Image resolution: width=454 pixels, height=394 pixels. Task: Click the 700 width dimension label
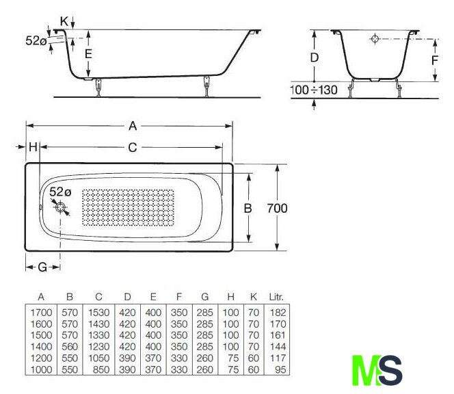pos(277,209)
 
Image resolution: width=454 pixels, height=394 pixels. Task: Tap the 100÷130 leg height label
pos(314,90)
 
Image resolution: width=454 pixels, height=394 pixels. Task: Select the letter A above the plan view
pos(133,126)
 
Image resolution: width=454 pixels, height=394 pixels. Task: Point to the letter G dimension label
pos(42,267)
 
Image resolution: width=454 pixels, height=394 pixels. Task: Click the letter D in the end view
pos(314,57)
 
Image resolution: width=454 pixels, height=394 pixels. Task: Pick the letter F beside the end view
pos(434,60)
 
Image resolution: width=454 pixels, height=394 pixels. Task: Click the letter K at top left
pos(64,21)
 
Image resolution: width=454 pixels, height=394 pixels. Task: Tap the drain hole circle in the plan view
pos(61,207)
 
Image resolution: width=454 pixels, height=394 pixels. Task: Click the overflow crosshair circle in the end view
pos(375,38)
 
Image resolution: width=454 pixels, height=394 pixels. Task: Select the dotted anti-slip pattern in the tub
pos(128,207)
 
